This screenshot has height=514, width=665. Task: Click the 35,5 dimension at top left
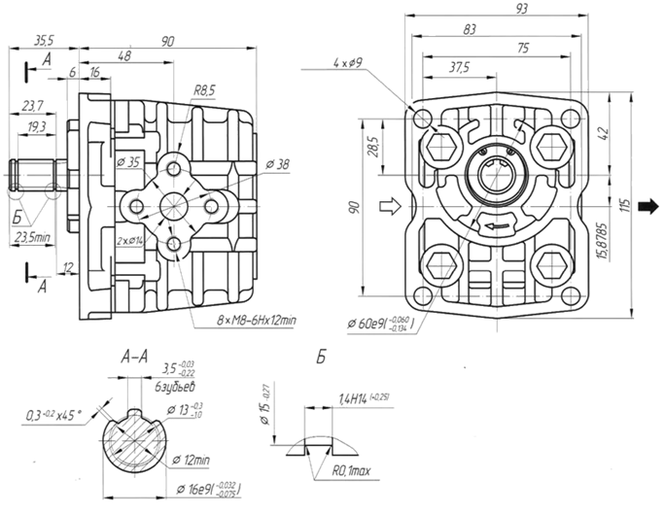pos(43,41)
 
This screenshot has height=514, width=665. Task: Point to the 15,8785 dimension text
pos(604,235)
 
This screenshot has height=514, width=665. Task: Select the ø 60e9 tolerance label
pos(379,323)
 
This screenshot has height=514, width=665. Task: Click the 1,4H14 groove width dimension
pos(363,397)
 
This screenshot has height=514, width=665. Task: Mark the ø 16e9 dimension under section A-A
pos(209,488)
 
